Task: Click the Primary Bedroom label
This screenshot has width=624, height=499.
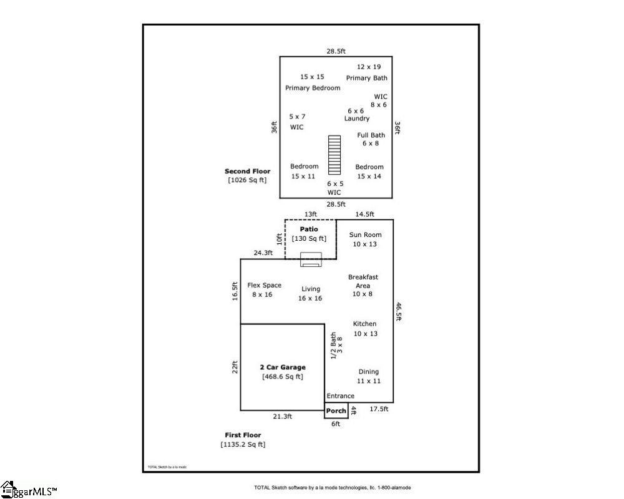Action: point(313,88)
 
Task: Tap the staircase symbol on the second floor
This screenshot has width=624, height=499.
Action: point(335,155)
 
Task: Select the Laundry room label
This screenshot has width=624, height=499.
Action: point(356,119)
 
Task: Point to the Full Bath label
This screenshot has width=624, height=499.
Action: point(371,135)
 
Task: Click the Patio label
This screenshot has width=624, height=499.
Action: point(309,230)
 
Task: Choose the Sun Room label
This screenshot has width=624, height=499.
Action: point(365,235)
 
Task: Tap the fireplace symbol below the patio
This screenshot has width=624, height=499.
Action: point(310,260)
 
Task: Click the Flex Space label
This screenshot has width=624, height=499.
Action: point(264,285)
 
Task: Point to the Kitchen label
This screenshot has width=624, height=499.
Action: point(364,324)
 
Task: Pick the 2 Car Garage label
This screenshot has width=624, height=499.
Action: point(283,367)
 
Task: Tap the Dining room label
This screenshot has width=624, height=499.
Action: point(368,372)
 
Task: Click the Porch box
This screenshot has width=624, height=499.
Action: point(336,410)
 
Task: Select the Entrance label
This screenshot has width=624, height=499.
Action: point(340,396)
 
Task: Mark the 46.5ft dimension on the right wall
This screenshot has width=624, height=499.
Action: point(398,311)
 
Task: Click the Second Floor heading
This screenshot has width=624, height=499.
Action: point(247,171)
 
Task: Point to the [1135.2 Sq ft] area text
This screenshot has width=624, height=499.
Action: point(243,445)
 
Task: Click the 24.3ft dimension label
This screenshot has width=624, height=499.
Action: point(263,253)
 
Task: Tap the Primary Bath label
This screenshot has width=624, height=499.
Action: point(366,78)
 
